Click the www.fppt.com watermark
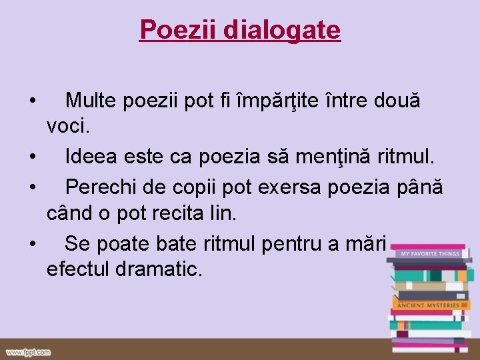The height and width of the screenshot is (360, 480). (28, 351)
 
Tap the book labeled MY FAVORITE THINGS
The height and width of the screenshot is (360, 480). (428, 254)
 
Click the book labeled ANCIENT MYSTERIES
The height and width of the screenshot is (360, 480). (428, 305)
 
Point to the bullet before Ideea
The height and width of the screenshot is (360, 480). (32, 159)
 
